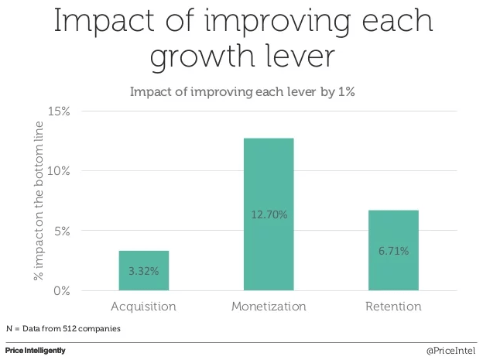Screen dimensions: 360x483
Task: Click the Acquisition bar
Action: pos(143,270)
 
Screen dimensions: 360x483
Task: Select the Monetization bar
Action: pos(269,214)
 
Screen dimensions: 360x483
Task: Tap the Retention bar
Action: pos(393,250)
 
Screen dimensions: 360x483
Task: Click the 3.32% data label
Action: pos(143,272)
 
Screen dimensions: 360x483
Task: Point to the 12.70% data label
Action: pos(269,214)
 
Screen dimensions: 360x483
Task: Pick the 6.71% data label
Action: pos(393,251)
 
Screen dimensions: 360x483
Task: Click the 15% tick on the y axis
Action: pos(59,111)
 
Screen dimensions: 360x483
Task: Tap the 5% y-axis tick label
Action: pos(62,231)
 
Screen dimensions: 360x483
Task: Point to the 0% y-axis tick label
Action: pos(62,291)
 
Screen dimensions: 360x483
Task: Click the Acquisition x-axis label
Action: pos(143,307)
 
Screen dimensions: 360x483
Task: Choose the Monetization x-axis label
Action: pos(269,307)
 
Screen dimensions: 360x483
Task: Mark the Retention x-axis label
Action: pos(393,307)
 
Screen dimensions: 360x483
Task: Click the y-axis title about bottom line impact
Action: pos(36,201)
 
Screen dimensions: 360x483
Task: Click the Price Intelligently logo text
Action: pos(35,351)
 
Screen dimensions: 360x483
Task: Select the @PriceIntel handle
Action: pos(451,351)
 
